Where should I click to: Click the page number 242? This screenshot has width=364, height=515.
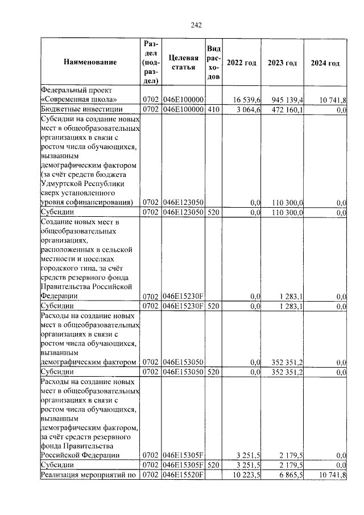(196, 24)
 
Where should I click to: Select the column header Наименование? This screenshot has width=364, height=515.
(90, 63)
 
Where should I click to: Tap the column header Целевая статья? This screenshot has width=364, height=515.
(184, 63)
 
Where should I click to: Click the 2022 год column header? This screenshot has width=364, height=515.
(241, 63)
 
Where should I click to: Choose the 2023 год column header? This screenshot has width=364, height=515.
(283, 63)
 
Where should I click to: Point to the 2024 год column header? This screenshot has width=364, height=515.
(325, 63)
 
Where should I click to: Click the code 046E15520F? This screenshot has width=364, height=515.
(183, 475)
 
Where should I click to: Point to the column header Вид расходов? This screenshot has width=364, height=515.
(213, 63)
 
